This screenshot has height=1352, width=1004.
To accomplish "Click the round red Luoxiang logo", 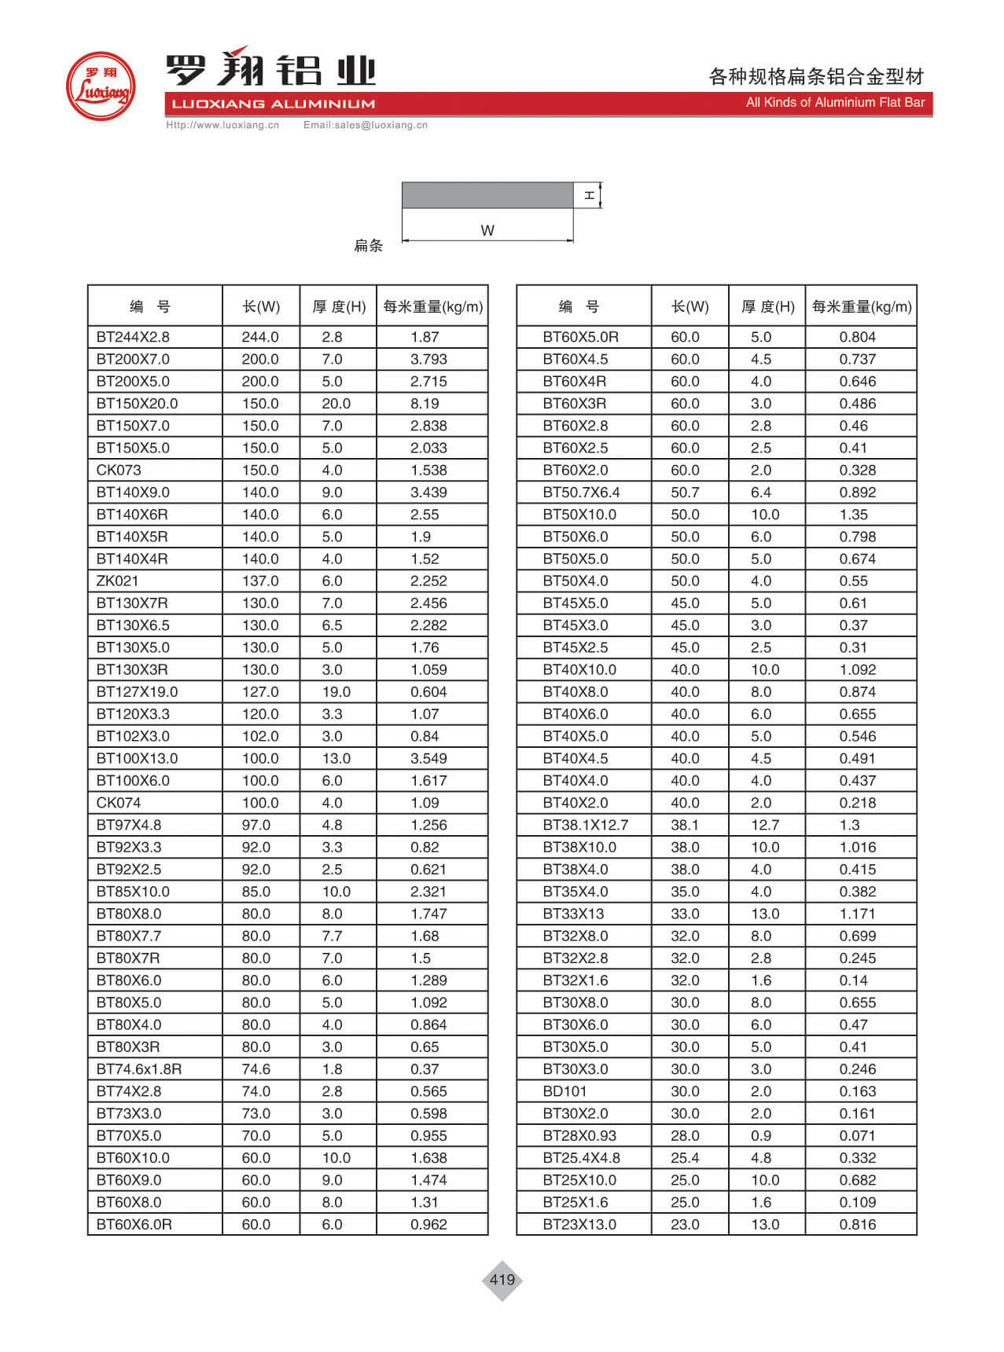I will pyautogui.click(x=100, y=86).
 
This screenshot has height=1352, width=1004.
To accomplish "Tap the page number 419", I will pyautogui.click(x=502, y=1280).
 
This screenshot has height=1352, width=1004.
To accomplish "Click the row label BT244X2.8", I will pyautogui.click(x=133, y=337).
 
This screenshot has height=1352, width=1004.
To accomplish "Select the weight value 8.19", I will pyautogui.click(x=425, y=404).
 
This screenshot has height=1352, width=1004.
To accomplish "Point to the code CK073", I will pyautogui.click(x=119, y=471).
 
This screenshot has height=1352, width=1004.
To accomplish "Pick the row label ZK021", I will pyautogui.click(x=117, y=581).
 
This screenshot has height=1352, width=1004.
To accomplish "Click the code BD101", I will pyautogui.click(x=565, y=1091).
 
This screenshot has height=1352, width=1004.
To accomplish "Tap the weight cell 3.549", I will pyautogui.click(x=428, y=759).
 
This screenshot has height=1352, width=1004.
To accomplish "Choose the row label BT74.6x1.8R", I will pyautogui.click(x=139, y=1069).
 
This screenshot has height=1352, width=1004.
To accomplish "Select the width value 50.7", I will pyautogui.click(x=685, y=493).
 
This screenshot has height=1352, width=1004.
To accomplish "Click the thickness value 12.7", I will pyautogui.click(x=764, y=826).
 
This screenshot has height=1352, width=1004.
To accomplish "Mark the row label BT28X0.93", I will pyautogui.click(x=579, y=1136).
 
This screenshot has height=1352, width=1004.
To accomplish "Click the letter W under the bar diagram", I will pyautogui.click(x=487, y=231).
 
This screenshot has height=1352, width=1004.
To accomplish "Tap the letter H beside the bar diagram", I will pyautogui.click(x=589, y=195).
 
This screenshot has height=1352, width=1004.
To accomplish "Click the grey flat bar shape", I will pyautogui.click(x=487, y=195).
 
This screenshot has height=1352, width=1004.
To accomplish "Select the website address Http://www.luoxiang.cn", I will pyautogui.click(x=222, y=125).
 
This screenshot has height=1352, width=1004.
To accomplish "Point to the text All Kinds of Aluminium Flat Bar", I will pyautogui.click(x=835, y=103).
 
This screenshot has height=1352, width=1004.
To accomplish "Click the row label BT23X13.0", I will pyautogui.click(x=579, y=1225).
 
